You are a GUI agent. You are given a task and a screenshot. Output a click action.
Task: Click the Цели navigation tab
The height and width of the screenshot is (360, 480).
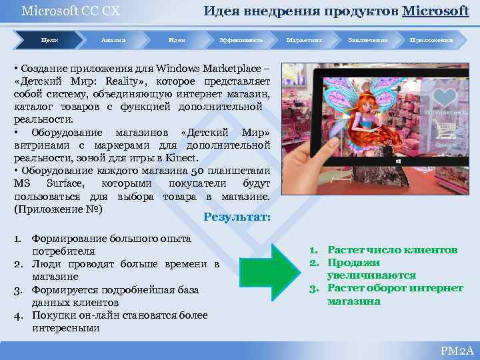coord(50,41)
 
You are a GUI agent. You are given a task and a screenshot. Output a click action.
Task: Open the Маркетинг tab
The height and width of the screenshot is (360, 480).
coord(304,41)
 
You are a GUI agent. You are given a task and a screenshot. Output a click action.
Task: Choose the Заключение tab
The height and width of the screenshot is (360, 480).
coord(367,41)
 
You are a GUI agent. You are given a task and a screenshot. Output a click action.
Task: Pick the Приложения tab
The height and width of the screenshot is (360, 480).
coord(431,41)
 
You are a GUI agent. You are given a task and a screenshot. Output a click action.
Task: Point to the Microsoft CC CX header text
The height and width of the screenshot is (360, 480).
coord(61,11)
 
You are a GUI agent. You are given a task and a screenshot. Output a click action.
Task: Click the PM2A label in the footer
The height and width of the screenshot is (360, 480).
coord(457,351)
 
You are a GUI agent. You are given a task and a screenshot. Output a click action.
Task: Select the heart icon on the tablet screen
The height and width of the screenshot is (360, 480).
coord(441,98)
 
